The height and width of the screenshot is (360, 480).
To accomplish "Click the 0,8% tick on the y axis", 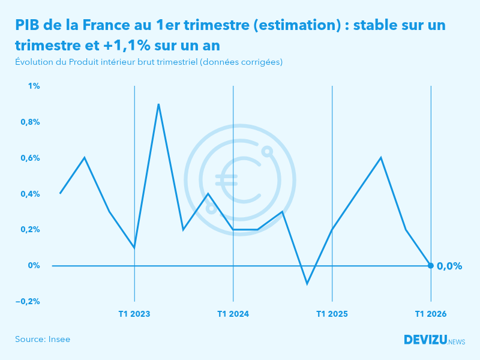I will coord(31,122).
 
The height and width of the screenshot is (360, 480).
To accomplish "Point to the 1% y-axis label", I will coord(34,86).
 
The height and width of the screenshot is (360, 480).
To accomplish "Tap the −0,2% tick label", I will coord(28,301).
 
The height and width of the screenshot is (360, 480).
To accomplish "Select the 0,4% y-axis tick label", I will coord(31,194).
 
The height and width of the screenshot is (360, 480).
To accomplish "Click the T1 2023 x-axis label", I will coord(134,314).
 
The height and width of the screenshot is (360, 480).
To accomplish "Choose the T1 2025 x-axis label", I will coord(332,314).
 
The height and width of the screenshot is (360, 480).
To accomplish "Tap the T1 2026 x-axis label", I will coord(431,314).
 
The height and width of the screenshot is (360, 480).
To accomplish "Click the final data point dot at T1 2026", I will coord(431,265).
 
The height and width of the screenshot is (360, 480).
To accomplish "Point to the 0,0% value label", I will coord(449,266).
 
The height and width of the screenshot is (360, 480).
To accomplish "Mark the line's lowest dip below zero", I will coord(307,283).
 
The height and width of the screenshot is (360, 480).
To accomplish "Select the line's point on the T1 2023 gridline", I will coord(134,247).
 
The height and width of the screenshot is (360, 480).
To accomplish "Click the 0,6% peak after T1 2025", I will coord(381,158).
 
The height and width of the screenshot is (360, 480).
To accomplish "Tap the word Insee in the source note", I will coord(59,339).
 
